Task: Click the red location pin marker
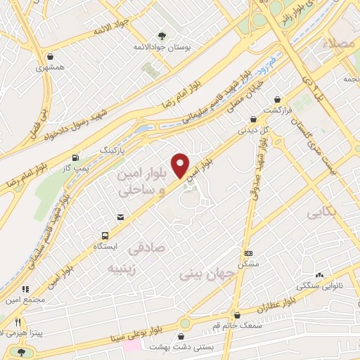pos(181,165)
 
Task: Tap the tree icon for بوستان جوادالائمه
pos(162,36)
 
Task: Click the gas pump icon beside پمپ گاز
pos(75,157)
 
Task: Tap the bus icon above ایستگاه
pos(105,236)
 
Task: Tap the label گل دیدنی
pos(254,130)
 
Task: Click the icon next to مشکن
pos(248,253)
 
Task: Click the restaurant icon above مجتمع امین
pos(25,289)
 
